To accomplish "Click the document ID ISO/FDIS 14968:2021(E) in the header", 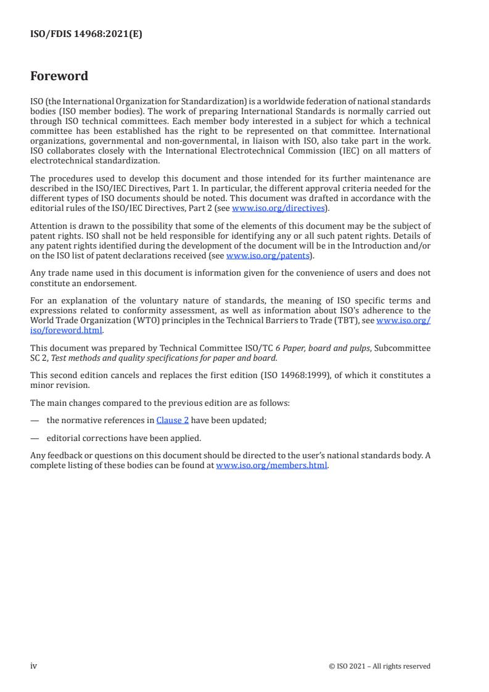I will point(86,35).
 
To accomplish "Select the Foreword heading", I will point(59,76).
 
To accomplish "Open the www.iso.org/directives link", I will point(277,208).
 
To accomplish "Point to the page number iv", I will point(34,665).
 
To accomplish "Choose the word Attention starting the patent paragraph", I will point(49,226).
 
